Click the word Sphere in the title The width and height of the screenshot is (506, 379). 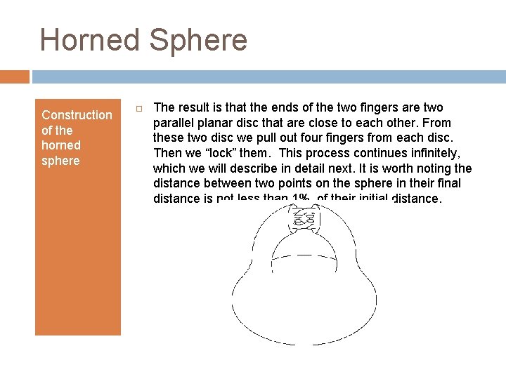pos(198,40)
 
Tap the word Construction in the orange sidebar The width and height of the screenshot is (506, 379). pos(77,115)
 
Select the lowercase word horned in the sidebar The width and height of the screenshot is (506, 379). pos(61,145)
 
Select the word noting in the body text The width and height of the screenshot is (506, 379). pos(432,168)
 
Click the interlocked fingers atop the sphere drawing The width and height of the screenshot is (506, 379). pos(304,220)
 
